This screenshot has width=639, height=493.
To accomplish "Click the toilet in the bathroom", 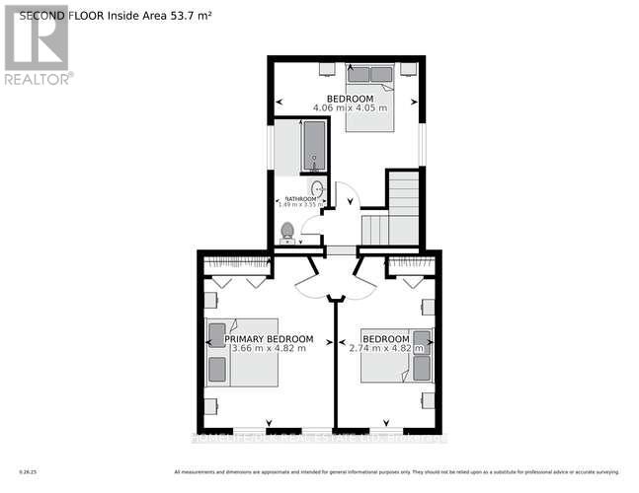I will (287, 232).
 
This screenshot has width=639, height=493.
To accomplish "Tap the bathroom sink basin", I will (317, 189).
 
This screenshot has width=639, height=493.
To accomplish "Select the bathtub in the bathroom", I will (313, 148).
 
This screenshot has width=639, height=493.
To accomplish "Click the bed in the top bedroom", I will (370, 94).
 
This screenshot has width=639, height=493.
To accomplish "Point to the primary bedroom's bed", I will (241, 353).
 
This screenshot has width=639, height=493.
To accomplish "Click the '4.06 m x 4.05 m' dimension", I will (350, 107).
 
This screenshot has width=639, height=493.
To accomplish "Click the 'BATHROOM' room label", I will (301, 199).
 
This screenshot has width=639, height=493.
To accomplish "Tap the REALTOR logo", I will (37, 44).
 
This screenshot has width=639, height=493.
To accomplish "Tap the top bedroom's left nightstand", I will (327, 70).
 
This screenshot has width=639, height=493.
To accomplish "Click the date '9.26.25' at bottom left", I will (30, 468).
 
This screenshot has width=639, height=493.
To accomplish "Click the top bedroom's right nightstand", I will (408, 70).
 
